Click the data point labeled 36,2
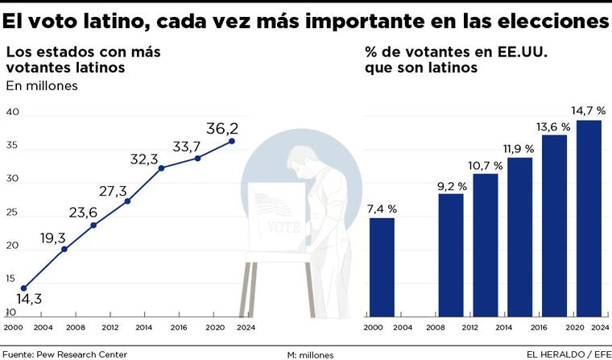[232, 141]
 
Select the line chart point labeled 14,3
[23, 288]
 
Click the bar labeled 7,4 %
[382, 266]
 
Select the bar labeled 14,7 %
[589, 217]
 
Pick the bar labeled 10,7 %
[486, 244]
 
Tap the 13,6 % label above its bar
[554, 126]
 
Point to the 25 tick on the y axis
[12, 213]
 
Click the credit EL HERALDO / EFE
[567, 354]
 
